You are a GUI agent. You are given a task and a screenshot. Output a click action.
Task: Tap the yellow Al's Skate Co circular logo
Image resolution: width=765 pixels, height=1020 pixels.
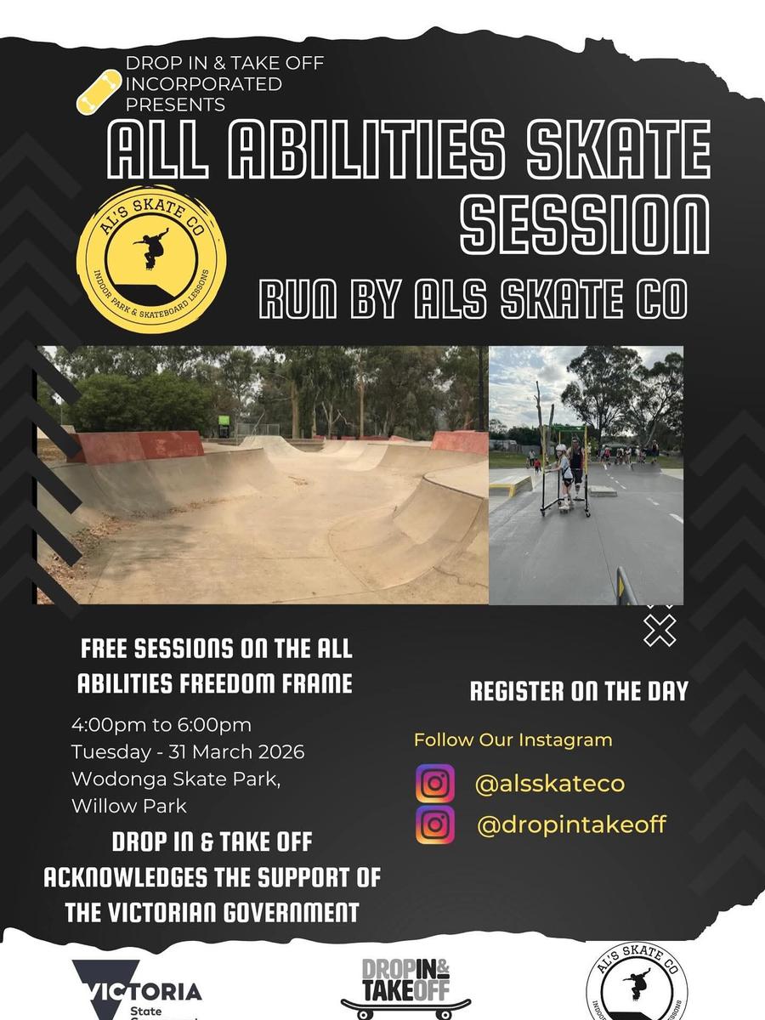coord(151,259)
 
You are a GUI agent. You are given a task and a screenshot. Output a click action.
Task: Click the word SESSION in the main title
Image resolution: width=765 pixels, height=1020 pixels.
coord(585,225)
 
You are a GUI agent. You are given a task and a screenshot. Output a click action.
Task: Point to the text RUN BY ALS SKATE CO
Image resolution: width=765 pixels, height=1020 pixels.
coord(473,297)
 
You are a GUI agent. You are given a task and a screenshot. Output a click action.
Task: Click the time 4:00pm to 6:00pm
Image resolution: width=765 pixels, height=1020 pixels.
coord(161,725)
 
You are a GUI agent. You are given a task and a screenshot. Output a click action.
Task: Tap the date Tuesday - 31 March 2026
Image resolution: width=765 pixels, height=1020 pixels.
coord(188,752)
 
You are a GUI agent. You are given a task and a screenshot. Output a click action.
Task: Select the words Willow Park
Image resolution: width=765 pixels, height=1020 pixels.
coord(129,807)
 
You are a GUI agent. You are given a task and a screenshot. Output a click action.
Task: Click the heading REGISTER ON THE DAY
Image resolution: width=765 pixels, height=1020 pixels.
coord(579,691)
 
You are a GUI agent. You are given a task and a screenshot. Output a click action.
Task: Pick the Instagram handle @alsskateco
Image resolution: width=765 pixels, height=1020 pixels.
coord(549,784)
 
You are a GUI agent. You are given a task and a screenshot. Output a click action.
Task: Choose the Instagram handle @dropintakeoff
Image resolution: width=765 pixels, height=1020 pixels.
coord(572,824)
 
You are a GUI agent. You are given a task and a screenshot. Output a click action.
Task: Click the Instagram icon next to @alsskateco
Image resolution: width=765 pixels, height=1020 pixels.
coord(434,784)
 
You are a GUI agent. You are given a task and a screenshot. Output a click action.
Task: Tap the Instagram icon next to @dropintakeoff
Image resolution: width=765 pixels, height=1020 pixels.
coord(434,824)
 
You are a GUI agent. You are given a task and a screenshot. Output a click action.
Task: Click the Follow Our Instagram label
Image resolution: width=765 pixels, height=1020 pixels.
coord(513,739)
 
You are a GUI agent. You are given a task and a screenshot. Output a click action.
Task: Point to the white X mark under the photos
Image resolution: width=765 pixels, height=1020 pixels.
coord(660,631)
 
